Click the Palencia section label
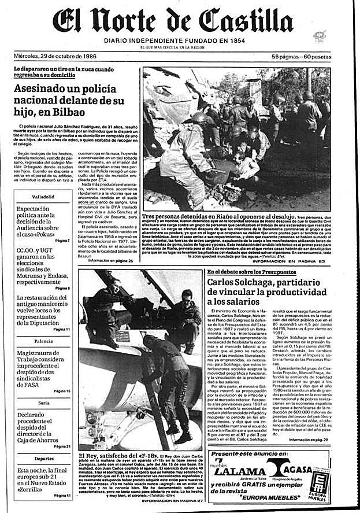click(x=43, y=341)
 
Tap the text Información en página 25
click(x=110, y=245)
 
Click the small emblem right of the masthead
click(x=318, y=36)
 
